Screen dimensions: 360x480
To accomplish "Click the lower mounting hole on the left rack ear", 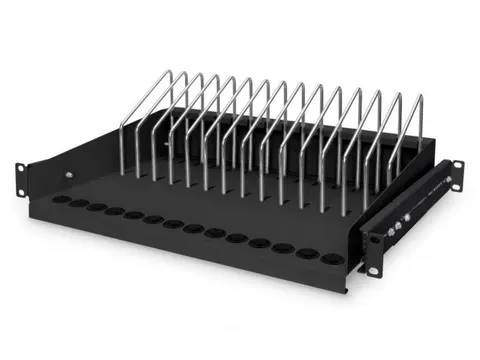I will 19,185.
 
